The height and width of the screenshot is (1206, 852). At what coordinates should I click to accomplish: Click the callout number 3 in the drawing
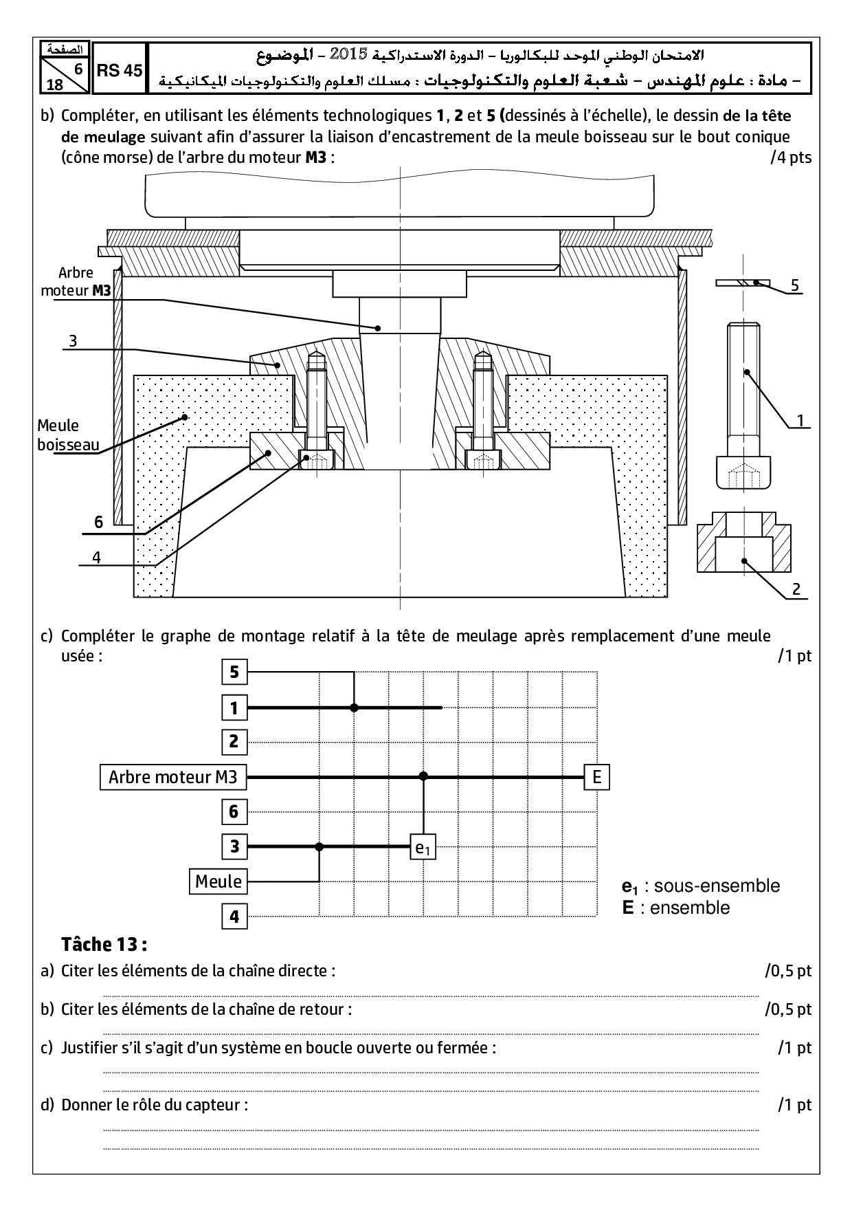pyautogui.click(x=72, y=340)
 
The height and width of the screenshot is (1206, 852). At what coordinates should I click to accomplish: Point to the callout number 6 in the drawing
pyautogui.click(x=98, y=523)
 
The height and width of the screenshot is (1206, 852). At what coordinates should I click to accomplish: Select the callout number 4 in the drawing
pyautogui.click(x=96, y=558)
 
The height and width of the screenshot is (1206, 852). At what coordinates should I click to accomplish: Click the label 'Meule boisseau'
pyautogui.click(x=68, y=435)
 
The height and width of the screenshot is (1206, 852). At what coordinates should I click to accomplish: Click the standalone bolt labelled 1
pyautogui.click(x=743, y=406)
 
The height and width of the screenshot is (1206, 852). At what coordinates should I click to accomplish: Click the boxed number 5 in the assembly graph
pyautogui.click(x=234, y=672)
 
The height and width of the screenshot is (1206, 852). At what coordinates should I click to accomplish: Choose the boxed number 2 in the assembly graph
pyautogui.click(x=234, y=742)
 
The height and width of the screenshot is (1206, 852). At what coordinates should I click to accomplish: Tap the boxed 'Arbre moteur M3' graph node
pyautogui.click(x=173, y=777)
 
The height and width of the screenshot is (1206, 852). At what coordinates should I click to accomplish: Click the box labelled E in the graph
pyautogui.click(x=596, y=777)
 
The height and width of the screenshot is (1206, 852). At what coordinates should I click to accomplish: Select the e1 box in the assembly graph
pyautogui.click(x=423, y=848)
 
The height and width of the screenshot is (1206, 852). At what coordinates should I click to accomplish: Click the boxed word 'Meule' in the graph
pyautogui.click(x=218, y=881)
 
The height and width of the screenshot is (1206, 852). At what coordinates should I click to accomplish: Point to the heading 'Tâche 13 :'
pyautogui.click(x=104, y=943)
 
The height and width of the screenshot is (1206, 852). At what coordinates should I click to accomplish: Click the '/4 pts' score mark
pyautogui.click(x=791, y=157)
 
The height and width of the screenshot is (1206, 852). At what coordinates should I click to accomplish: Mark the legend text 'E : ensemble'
pyautogui.click(x=676, y=908)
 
